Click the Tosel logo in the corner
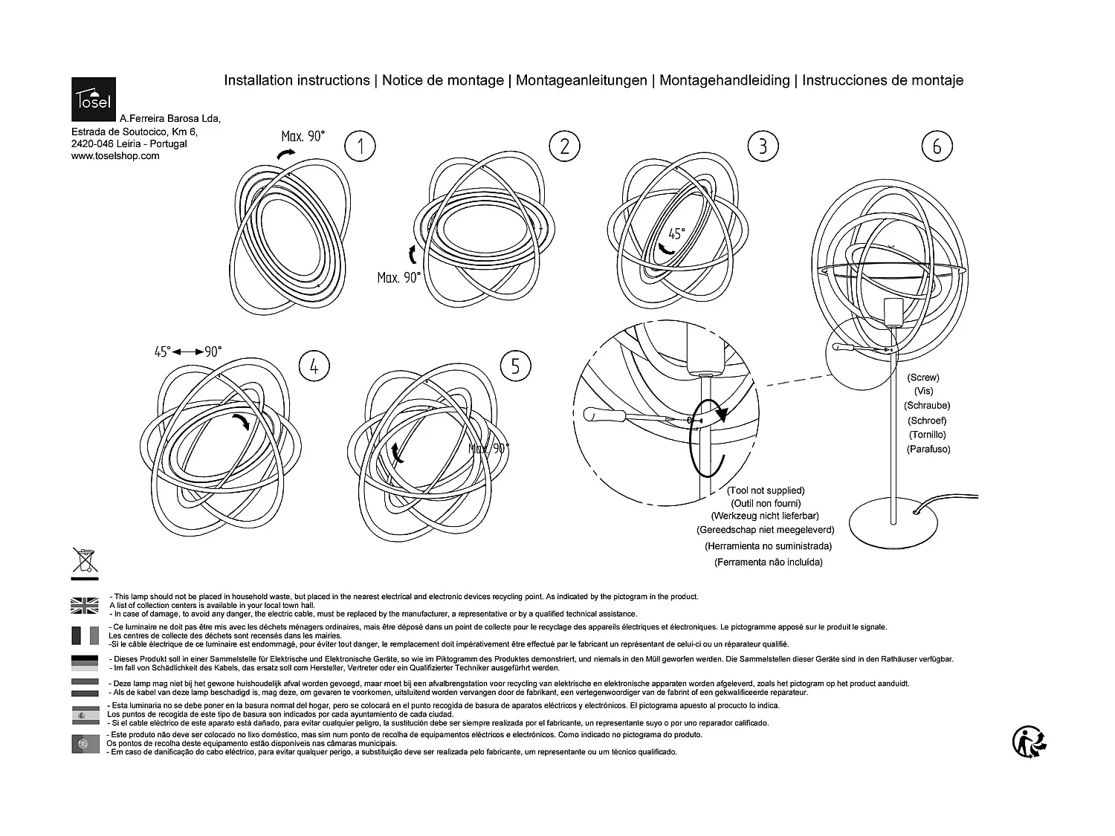(94, 99)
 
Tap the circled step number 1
(361, 146)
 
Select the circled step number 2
(564, 146)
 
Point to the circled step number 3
(763, 146)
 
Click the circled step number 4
(314, 366)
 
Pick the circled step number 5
(516, 366)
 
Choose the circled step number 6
(937, 146)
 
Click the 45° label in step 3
(676, 233)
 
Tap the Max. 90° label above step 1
(303, 136)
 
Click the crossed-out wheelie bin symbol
(85, 562)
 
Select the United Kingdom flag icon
(85, 605)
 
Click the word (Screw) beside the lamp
(923, 378)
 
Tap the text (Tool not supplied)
(766, 490)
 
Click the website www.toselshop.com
(115, 156)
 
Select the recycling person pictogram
(1030, 742)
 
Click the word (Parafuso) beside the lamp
(928, 449)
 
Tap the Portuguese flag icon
(85, 743)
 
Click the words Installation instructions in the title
(297, 80)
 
